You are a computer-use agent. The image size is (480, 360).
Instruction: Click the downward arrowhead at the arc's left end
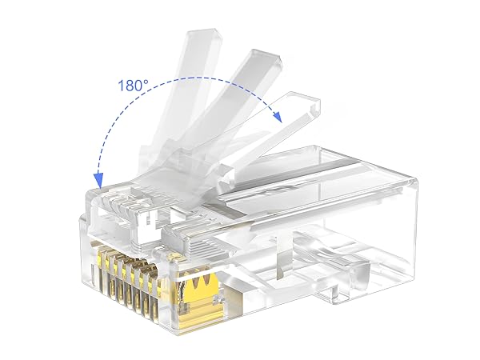pos(97,179)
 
